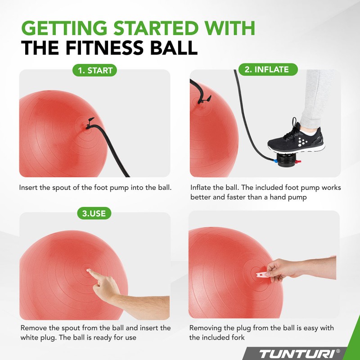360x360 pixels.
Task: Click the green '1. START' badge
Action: [x=94, y=70]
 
